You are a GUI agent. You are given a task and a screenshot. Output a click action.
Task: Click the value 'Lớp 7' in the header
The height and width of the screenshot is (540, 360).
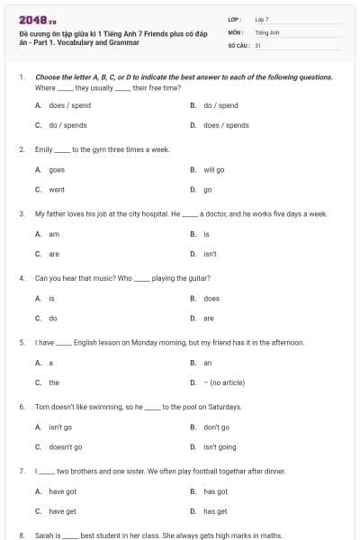click(262, 19)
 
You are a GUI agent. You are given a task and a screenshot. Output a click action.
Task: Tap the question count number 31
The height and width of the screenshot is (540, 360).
click(258, 44)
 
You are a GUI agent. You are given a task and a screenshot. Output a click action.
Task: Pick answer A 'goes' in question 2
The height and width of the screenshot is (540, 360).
click(56, 169)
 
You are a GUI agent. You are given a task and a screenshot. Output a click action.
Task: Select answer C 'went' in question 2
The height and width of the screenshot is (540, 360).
click(56, 190)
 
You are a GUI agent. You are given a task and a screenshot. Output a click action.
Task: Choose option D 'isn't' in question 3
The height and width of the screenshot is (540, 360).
click(209, 254)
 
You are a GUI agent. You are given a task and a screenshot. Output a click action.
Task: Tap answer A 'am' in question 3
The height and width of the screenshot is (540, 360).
click(53, 234)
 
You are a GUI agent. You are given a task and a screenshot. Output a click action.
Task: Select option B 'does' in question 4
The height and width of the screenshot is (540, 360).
click(211, 298)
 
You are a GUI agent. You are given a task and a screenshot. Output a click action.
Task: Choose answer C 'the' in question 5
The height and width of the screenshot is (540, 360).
click(53, 382)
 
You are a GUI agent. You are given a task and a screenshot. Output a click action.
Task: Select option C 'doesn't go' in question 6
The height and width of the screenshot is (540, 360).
click(65, 446)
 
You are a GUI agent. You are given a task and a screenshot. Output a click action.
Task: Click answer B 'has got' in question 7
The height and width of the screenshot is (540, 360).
click(215, 491)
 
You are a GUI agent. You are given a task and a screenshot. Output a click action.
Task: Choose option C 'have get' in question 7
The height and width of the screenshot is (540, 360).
click(62, 511)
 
